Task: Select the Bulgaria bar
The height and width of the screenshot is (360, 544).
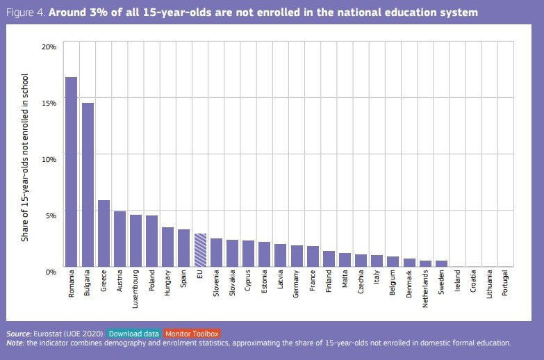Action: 88,184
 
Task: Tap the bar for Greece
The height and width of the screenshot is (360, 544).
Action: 104,233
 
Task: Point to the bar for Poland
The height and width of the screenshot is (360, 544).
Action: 151,240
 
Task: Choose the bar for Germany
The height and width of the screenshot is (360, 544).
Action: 297,255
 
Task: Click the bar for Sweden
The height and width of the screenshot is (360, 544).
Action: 441,263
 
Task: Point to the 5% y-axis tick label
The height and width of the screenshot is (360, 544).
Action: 51,215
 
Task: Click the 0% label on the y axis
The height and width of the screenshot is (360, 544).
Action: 51,271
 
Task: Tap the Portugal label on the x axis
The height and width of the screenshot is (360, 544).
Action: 506,285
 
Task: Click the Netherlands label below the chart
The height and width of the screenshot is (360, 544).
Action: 425,291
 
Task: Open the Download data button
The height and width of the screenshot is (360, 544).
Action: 135,334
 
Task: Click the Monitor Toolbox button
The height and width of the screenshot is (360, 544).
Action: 192,334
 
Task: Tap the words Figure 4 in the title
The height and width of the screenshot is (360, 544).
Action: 27,13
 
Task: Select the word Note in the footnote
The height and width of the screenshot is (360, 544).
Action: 15,343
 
